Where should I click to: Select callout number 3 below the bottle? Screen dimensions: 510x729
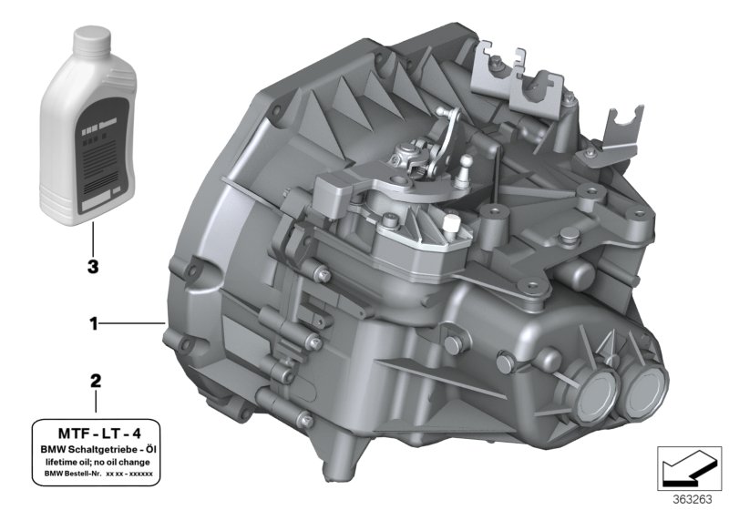[92, 269]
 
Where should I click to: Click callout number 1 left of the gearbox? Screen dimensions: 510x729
[92, 323]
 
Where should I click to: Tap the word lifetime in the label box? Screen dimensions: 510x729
[62, 463]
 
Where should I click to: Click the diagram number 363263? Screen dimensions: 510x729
[698, 498]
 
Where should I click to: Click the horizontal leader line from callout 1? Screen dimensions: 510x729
[131, 323]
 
